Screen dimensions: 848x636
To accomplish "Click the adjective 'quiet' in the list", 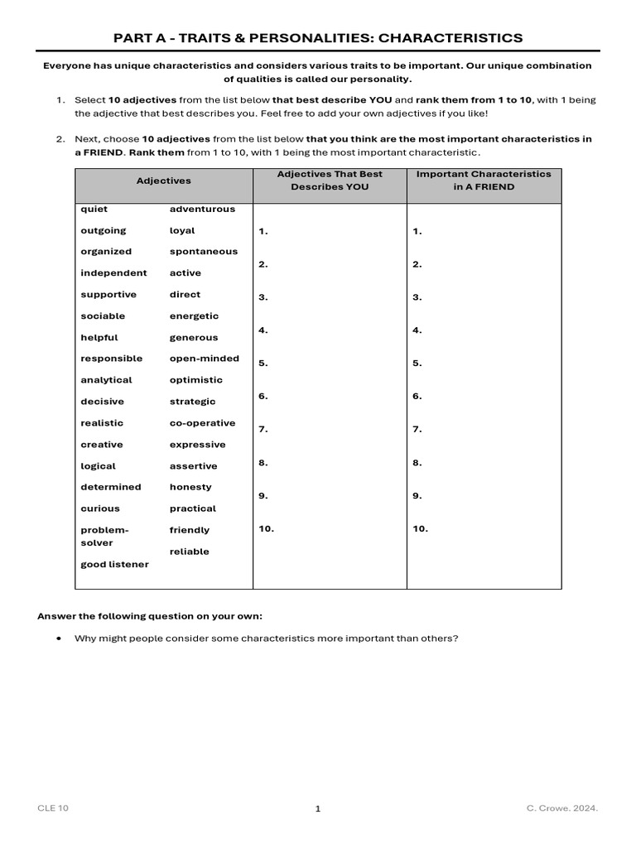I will (x=94, y=210).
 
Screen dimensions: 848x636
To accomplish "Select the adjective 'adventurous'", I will (x=202, y=210).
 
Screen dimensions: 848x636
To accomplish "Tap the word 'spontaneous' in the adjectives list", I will (x=203, y=252).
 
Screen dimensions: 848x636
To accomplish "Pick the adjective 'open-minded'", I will (x=204, y=359).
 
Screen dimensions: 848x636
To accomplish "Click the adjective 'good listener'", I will (x=114, y=565).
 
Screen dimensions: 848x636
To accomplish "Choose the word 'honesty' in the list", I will (x=190, y=487).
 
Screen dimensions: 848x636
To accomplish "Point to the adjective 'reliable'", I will (x=189, y=552).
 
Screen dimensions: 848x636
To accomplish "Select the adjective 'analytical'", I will (x=106, y=380).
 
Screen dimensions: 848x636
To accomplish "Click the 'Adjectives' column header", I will (x=163, y=181).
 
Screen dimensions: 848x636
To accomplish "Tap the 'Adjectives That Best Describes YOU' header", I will (x=330, y=181).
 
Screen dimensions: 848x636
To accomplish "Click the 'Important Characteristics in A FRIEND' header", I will (x=483, y=181).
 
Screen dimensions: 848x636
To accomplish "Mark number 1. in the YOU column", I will (x=263, y=232).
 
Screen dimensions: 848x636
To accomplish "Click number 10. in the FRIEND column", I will (x=420, y=528).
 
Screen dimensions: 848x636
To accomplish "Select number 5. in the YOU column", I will (x=263, y=364).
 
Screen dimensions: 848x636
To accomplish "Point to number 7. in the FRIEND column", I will (x=417, y=430).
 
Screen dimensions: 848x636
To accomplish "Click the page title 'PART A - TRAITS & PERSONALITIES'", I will (x=318, y=38).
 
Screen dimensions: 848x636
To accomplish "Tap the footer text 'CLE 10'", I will (x=53, y=808).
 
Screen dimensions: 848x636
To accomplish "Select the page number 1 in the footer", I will (x=317, y=809).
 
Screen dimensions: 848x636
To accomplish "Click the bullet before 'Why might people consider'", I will (x=59, y=638).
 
